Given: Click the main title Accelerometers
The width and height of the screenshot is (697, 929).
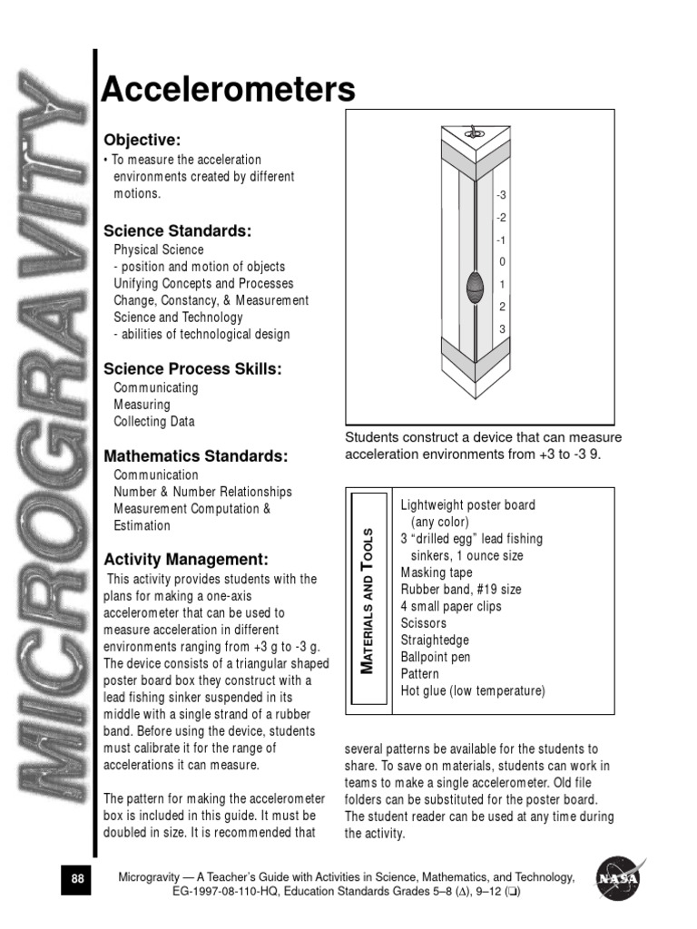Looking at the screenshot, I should tap(228, 90).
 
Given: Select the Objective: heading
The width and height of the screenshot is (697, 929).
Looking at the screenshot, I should tap(142, 140).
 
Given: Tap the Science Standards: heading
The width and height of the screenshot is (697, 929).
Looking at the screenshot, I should tap(177, 230).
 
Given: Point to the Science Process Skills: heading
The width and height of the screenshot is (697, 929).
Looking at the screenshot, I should tap(192, 368).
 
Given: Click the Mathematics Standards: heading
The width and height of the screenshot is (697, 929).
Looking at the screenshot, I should tap(196, 455).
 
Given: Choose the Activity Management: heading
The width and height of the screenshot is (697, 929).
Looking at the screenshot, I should tap(186, 559).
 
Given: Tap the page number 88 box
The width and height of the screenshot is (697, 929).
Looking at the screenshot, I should tap(77, 879).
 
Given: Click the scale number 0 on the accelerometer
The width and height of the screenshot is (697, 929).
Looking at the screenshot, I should tap(502, 262).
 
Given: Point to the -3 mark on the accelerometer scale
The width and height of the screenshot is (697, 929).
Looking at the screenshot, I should tap(501, 195).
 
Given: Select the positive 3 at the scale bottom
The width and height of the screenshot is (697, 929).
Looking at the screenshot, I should tap(502, 328).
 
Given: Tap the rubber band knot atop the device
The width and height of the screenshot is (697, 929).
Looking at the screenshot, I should tap(471, 133).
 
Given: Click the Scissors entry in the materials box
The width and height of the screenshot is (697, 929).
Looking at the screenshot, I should tap(424, 623).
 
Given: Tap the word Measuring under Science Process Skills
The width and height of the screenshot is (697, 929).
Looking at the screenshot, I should tap(142, 405).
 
